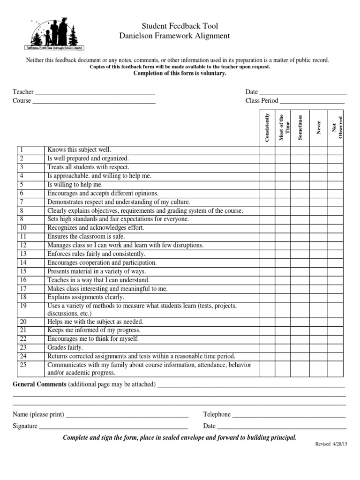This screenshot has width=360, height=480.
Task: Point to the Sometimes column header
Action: click(x=300, y=127)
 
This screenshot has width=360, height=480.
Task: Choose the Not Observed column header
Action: click(x=337, y=127)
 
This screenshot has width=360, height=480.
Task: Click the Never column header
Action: click(x=319, y=127)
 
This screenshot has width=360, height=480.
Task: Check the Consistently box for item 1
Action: click(x=267, y=150)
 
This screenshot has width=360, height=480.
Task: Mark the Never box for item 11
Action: click(x=319, y=237)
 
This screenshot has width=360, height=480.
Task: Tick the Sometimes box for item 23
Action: click(x=298, y=347)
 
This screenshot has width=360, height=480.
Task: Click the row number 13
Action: click(x=24, y=254)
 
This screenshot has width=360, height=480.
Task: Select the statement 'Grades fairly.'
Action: click(x=65, y=347)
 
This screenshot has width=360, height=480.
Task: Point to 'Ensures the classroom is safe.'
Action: click(x=86, y=237)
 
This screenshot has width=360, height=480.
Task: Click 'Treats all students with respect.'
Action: click(x=88, y=167)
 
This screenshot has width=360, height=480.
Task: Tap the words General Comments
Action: click(x=39, y=384)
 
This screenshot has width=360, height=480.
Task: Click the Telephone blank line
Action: click(x=289, y=415)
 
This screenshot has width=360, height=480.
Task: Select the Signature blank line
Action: click(x=113, y=427)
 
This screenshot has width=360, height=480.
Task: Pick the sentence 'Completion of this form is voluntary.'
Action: click(x=180, y=74)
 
